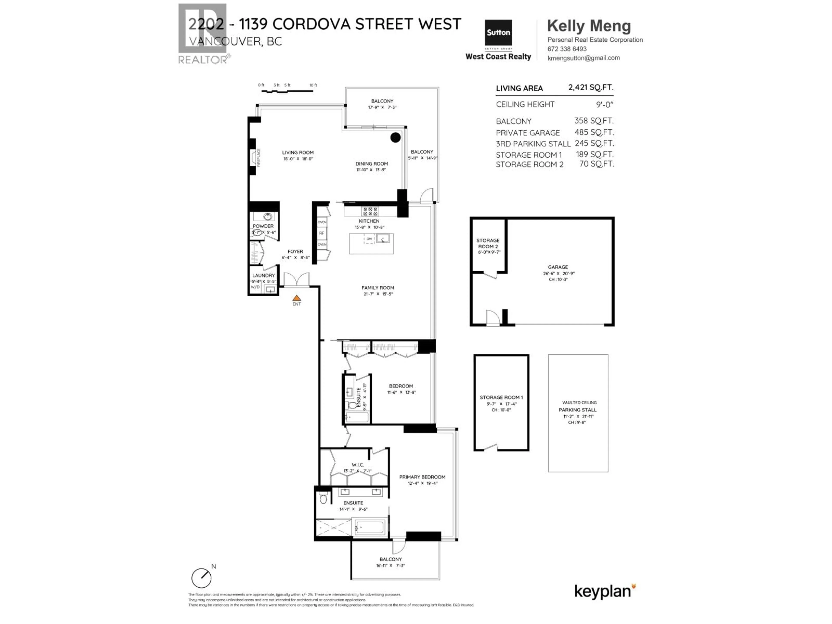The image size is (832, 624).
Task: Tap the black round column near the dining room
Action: tap(395, 138)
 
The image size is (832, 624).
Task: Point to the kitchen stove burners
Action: tap(370, 211)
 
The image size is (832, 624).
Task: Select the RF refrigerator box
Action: tap(322, 233)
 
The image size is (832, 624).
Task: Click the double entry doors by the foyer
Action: tap(296, 279)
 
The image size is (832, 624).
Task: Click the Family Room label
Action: tap(378, 288)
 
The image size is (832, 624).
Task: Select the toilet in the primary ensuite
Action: tap(323, 498)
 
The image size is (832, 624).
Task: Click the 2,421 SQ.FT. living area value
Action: tap(590, 87)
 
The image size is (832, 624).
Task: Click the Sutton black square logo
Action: tap(498, 33)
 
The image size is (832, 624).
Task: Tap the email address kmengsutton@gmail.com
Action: tap(583, 58)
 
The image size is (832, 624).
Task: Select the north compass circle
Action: tap(201, 578)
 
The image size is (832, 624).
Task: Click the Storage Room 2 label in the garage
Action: tap(488, 243)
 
